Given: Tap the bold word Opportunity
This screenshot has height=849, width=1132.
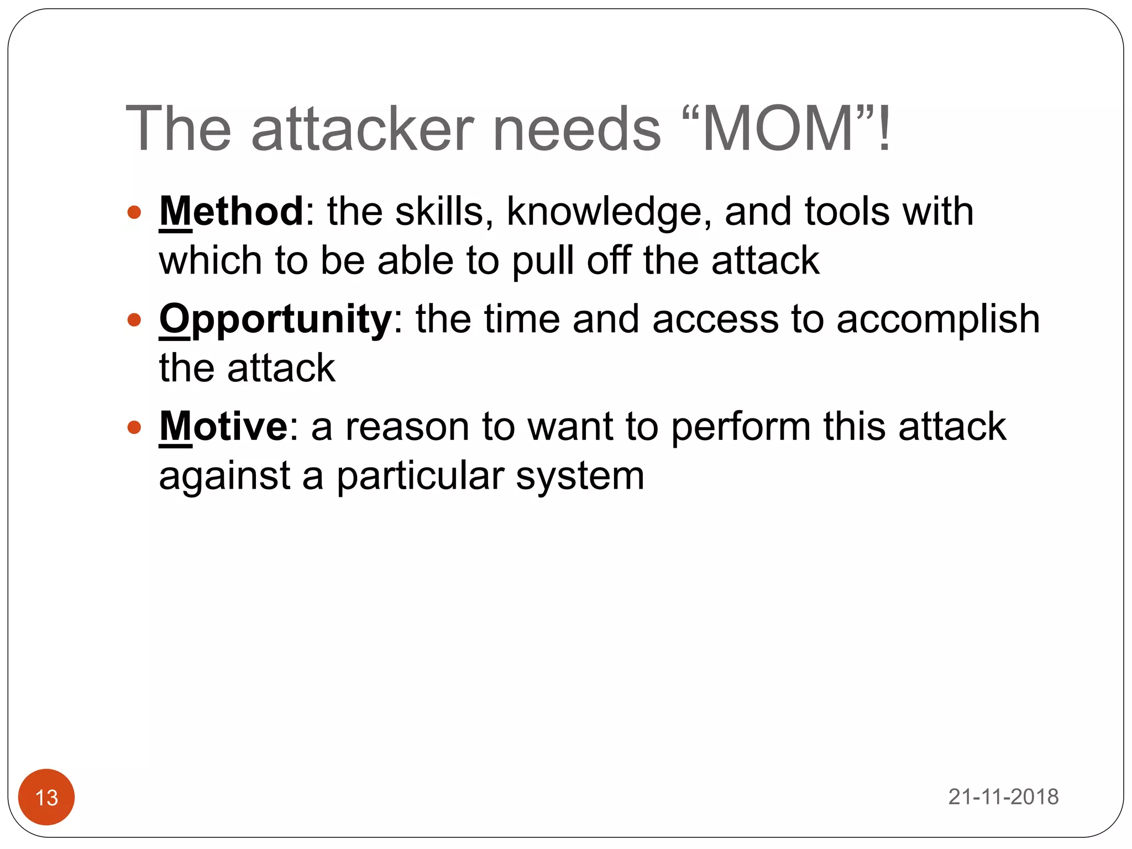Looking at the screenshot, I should point(275,319).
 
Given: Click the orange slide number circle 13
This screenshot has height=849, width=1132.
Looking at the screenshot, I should point(46,797).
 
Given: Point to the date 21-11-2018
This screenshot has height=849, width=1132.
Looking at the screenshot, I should point(1003,797).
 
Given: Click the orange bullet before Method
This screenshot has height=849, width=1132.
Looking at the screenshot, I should point(134,212).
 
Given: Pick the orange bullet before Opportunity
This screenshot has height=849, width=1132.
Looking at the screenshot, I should point(134,320).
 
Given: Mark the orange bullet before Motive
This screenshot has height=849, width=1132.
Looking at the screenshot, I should point(134,427).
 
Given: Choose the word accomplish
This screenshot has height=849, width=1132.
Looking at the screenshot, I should point(938,320).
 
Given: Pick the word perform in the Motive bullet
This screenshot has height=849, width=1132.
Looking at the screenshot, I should point(741,427).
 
